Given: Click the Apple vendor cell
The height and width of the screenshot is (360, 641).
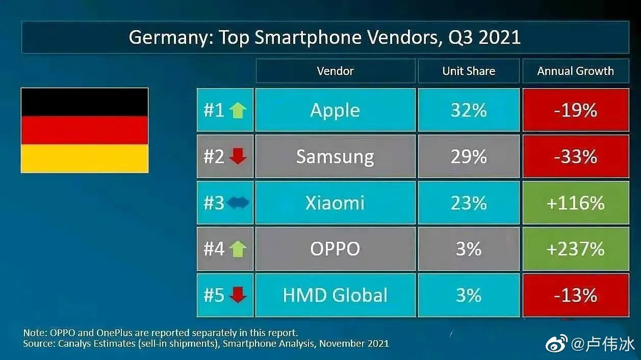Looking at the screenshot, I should click(x=335, y=110).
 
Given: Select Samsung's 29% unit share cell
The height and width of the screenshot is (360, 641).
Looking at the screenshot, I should click(x=469, y=157).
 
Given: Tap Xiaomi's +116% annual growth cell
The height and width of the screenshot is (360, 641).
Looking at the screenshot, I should click(x=575, y=203).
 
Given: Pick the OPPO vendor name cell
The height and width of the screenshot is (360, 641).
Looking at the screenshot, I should click(x=335, y=249).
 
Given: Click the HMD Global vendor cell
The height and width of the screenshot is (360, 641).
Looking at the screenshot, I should click(x=335, y=295).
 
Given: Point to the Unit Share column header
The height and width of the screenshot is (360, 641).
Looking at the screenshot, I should click(x=469, y=71).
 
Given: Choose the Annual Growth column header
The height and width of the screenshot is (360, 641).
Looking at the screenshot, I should click(x=575, y=71).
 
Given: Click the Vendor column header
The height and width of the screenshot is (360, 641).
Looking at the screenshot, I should click(x=335, y=71).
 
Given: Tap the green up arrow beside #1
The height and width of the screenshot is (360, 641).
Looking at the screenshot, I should click(x=238, y=110).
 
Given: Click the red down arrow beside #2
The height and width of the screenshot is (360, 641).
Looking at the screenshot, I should click(x=238, y=157).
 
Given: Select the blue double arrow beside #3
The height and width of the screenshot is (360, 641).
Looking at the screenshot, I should click(x=238, y=203).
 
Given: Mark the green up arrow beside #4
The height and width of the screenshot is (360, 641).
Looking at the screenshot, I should click(x=238, y=249).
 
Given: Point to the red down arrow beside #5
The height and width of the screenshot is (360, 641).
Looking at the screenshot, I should click(x=238, y=295).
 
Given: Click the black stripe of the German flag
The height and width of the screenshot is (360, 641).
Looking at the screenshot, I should click(x=85, y=102).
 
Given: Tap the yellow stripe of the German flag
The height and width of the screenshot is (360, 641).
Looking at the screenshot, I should click(x=85, y=158).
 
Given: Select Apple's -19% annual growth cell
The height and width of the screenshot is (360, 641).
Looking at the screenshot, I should click(x=575, y=110).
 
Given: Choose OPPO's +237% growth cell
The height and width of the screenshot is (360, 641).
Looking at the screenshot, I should click(x=575, y=249).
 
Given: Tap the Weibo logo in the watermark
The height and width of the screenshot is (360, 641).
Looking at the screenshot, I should click(x=556, y=344).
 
